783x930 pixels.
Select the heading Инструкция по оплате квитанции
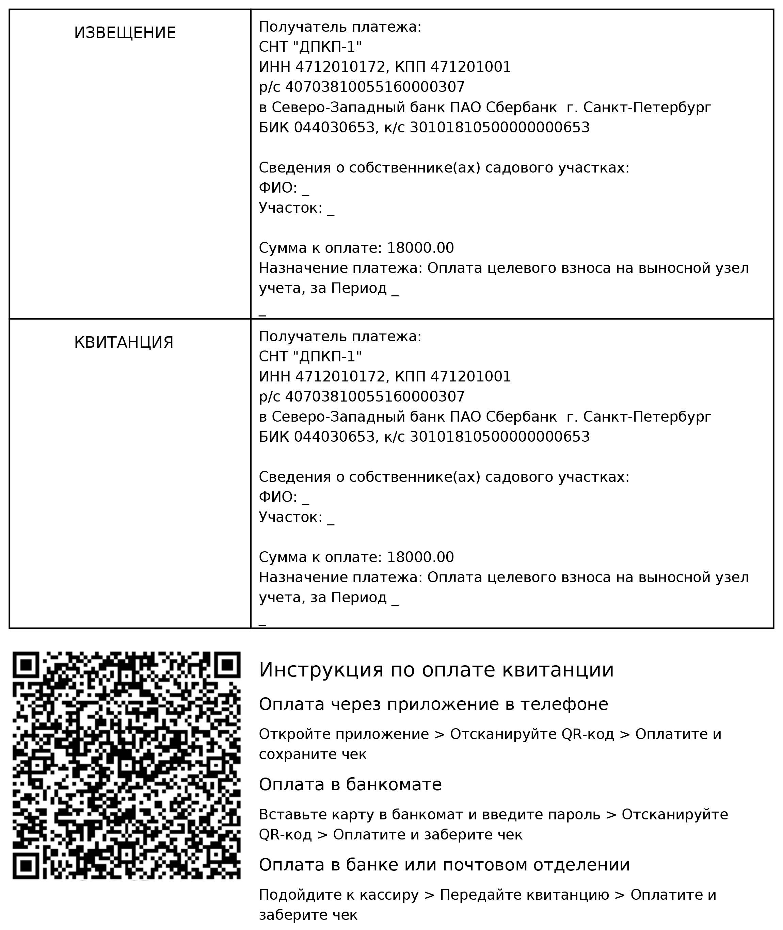(436, 670)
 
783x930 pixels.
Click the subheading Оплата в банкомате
(350, 784)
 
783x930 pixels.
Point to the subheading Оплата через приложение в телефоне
(433, 704)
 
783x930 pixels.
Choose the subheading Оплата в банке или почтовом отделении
(444, 865)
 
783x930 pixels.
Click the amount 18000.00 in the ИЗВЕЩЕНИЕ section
(420, 248)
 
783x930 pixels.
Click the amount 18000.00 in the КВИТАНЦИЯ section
(420, 557)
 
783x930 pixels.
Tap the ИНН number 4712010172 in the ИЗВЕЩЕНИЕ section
(340, 67)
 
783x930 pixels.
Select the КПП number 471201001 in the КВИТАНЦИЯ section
(470, 377)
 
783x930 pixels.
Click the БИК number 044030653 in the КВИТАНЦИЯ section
(334, 437)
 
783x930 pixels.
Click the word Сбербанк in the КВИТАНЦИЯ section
(521, 417)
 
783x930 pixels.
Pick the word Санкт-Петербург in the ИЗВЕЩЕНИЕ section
(647, 108)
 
